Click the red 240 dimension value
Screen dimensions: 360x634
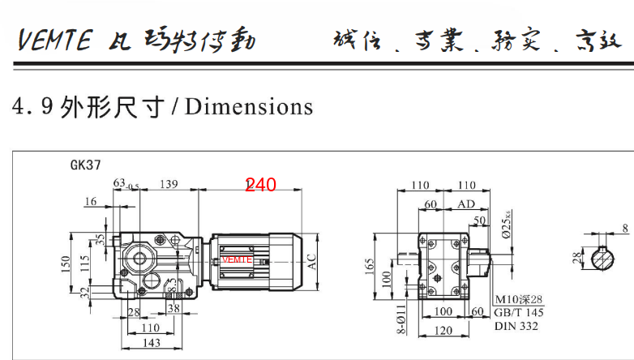[x=261, y=185]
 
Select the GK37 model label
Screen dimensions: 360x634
[x=85, y=165]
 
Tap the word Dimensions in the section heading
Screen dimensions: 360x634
[x=249, y=106]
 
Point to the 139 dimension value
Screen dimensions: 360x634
[x=169, y=186]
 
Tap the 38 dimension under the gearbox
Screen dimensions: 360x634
[x=173, y=309]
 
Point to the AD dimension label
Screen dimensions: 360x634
[x=466, y=204]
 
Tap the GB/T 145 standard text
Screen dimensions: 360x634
[x=519, y=313]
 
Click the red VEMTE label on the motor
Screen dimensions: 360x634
[x=237, y=259]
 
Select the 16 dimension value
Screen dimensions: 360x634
[x=90, y=201]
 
